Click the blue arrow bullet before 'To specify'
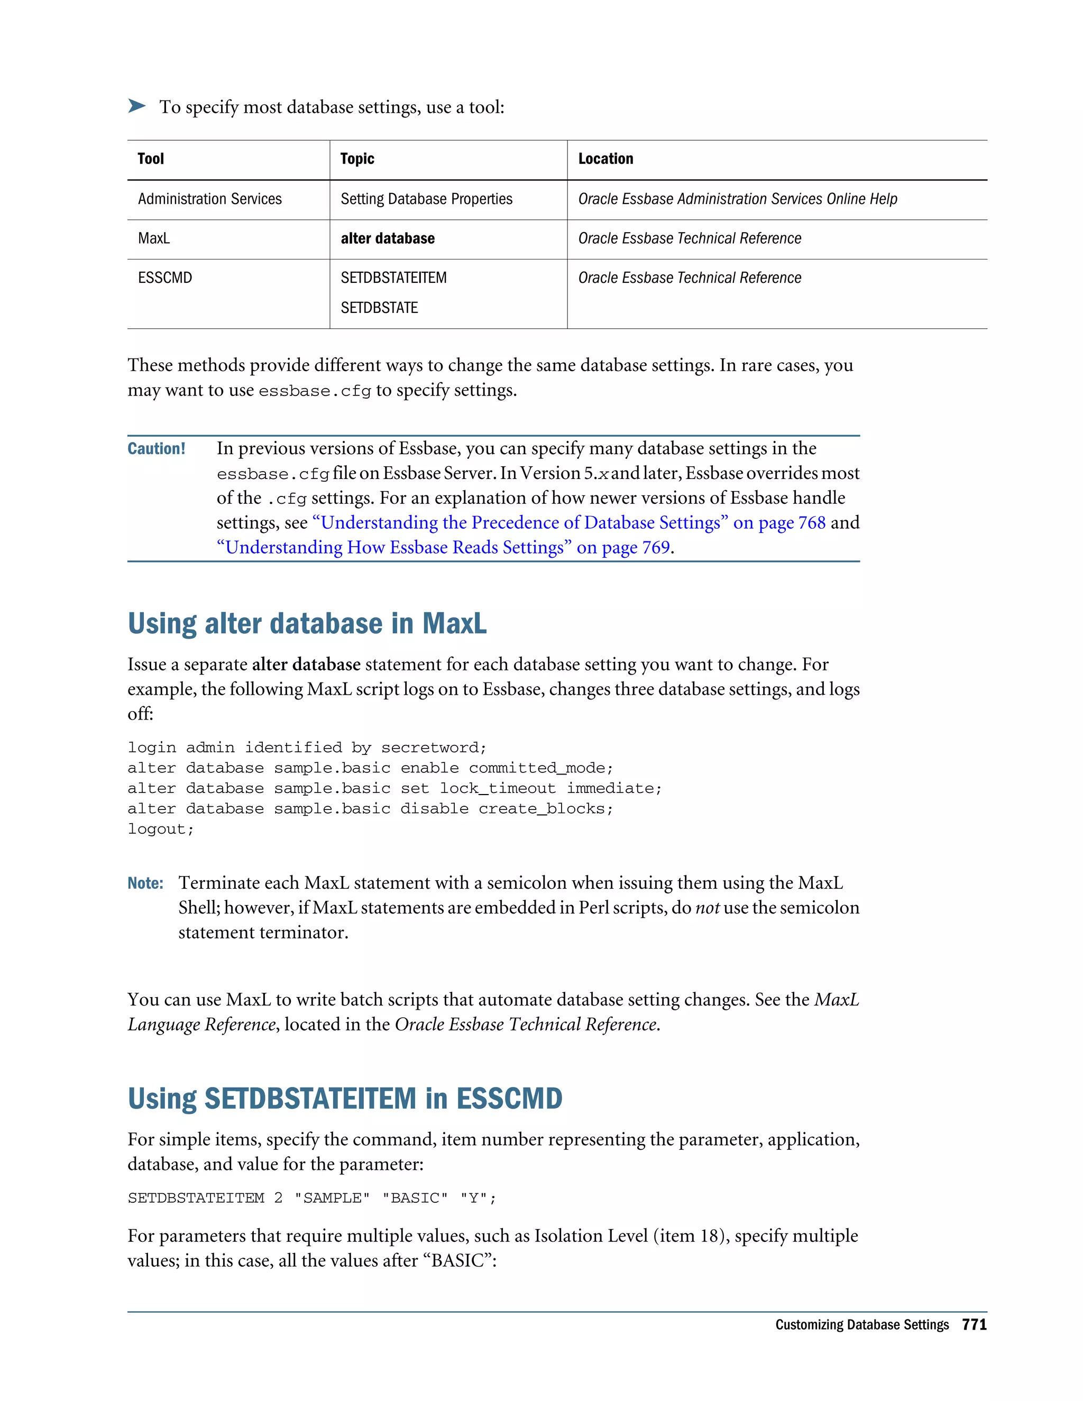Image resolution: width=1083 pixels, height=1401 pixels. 136,106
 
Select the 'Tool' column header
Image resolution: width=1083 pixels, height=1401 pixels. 151,159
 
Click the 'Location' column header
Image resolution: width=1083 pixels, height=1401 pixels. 605,159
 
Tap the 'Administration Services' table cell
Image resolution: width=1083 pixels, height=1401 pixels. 210,199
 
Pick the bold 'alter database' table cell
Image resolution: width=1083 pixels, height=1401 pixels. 388,238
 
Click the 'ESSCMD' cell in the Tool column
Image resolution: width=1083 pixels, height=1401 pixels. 165,278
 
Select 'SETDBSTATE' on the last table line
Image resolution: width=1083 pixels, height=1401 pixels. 379,308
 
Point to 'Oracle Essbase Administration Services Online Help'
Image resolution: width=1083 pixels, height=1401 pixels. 737,199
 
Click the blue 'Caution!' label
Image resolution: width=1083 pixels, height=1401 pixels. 156,448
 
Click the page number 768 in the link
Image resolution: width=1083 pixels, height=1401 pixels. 812,523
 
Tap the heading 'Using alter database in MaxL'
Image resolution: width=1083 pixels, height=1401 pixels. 307,623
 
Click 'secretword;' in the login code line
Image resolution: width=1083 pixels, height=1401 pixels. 434,748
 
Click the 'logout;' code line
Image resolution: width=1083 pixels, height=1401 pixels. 160,829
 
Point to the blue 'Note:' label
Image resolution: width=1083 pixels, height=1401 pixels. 145,883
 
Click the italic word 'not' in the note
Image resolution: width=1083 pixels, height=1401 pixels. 707,908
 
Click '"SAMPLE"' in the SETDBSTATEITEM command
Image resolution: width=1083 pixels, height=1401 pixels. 332,1199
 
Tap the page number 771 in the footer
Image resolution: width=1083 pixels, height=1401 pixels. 974,1325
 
